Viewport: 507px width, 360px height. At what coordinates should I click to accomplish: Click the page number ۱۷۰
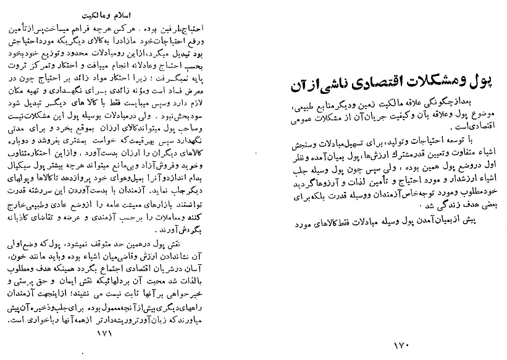pyautogui.click(x=401, y=344)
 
